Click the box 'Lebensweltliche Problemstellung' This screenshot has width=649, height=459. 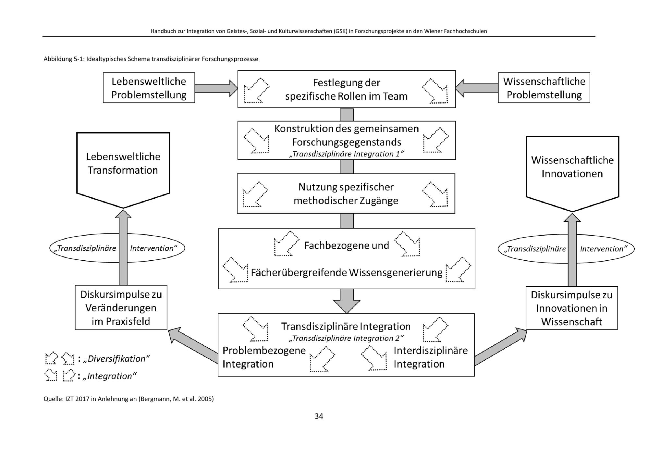point(149,88)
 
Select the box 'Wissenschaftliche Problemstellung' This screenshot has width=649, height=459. point(544,88)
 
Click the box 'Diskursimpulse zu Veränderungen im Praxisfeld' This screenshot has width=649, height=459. point(121,308)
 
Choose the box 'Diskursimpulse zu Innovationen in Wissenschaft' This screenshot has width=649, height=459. point(571,308)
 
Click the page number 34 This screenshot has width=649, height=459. point(319,416)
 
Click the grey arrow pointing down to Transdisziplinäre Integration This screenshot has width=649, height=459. point(347,301)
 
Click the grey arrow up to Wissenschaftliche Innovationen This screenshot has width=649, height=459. point(572,250)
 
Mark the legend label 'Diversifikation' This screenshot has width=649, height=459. point(116,359)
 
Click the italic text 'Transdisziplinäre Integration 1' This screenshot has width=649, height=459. point(346,154)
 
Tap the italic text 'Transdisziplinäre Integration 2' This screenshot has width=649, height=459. point(346,338)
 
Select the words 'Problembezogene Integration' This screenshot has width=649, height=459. point(264,357)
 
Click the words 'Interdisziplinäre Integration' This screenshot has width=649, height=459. point(430,357)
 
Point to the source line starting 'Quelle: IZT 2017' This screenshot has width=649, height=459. point(129,399)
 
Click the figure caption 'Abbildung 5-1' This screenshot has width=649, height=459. point(151,59)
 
